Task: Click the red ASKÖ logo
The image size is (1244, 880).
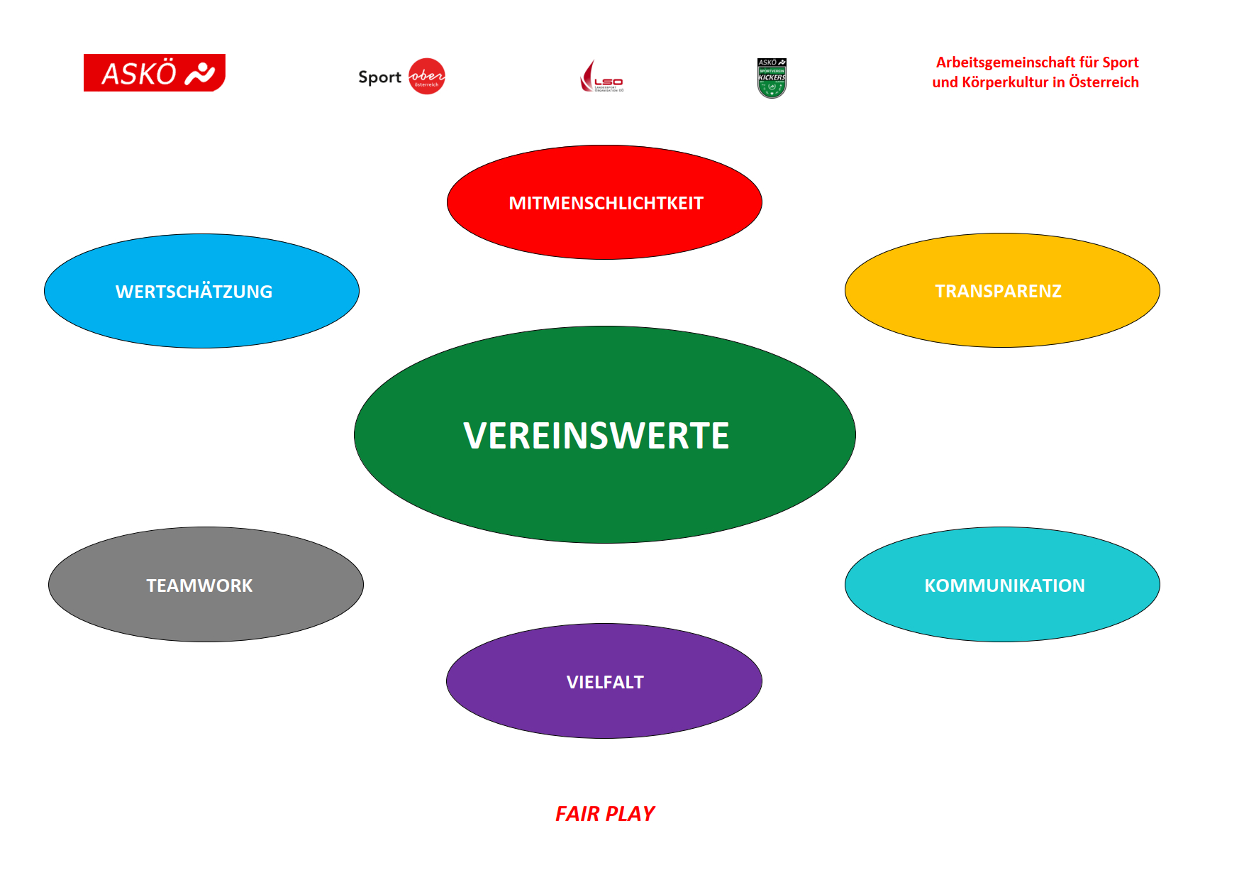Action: (x=154, y=72)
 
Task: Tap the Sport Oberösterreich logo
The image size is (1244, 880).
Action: (x=401, y=77)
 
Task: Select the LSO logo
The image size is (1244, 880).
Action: (x=601, y=77)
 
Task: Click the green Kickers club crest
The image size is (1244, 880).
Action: (x=772, y=78)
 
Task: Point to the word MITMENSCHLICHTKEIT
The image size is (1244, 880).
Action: (x=606, y=203)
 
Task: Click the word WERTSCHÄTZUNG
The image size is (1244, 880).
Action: (x=194, y=292)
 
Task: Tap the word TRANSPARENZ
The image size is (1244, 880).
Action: (x=998, y=291)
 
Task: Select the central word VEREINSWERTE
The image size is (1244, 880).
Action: (x=596, y=436)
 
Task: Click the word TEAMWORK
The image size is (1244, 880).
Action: (x=199, y=585)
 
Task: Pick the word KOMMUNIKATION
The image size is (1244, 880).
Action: (x=1004, y=585)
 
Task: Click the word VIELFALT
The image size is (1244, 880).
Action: (x=605, y=682)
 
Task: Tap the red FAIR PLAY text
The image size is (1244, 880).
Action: (x=604, y=813)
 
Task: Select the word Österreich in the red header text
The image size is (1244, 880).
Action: (x=1104, y=82)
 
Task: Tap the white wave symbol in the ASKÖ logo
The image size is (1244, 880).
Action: (x=200, y=73)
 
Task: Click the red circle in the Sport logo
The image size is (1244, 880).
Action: (x=427, y=76)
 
